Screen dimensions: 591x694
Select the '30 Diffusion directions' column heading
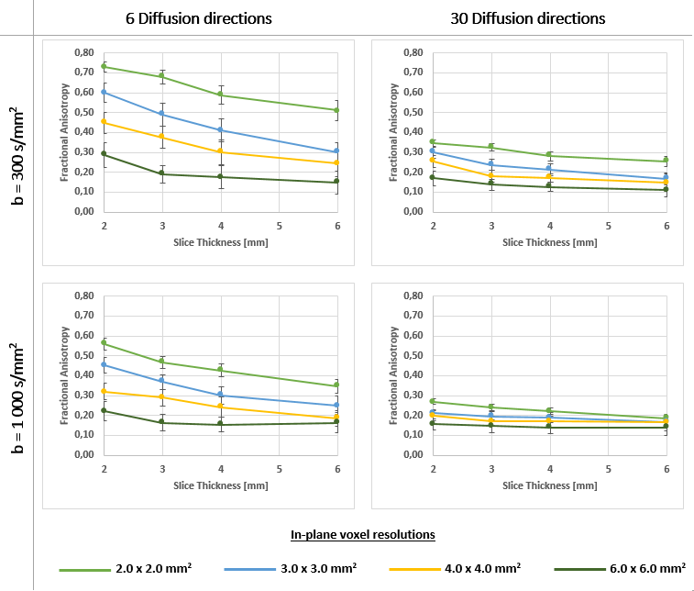[528, 18]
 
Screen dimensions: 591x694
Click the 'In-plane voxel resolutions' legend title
[362, 534]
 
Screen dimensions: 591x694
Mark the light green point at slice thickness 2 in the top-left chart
[104, 66]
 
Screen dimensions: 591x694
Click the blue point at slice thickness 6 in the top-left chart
[336, 151]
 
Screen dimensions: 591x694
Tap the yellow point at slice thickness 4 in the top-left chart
[220, 151]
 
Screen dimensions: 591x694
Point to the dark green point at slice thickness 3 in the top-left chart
[161, 173]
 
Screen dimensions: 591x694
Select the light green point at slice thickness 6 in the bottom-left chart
[336, 385]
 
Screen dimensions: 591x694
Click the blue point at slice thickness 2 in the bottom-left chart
[104, 364]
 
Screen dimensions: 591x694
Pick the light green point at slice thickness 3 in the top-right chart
[491, 147]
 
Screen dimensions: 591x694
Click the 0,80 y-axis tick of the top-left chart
[83, 53]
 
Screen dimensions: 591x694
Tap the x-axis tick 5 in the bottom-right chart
[608, 468]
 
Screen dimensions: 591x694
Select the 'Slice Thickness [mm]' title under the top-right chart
[549, 242]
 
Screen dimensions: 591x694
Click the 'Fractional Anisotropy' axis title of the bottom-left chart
[65, 374]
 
